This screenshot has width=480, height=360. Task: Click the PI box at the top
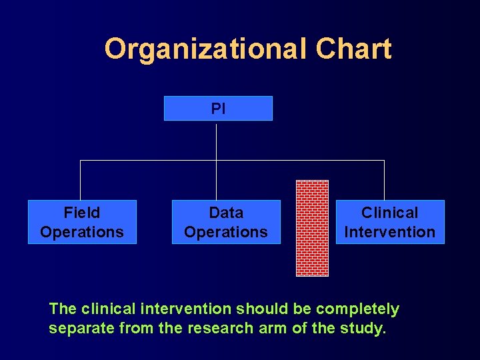point(218,108)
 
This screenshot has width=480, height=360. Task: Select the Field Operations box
point(82,222)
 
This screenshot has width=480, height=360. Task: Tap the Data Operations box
point(226,222)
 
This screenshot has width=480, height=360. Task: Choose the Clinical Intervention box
point(389,222)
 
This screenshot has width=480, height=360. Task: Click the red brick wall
point(312,228)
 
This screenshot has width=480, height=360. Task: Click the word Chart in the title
point(353,49)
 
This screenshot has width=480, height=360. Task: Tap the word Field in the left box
point(82,213)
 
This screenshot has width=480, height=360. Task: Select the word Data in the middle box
point(226,213)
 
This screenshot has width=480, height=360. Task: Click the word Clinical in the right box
point(389,213)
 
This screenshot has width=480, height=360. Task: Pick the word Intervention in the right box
point(389,232)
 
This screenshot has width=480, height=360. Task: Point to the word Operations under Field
point(82,232)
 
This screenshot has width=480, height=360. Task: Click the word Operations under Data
point(226,232)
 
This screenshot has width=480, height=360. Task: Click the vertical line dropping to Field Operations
point(81,180)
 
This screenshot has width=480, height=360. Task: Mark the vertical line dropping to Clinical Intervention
point(384,180)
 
